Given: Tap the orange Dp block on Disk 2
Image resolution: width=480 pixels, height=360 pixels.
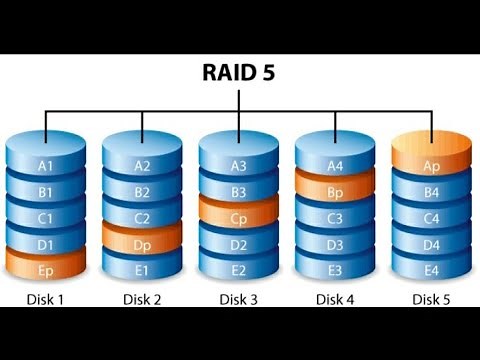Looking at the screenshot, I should coord(142,242).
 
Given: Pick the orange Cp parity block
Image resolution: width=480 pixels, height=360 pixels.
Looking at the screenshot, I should coord(238,216).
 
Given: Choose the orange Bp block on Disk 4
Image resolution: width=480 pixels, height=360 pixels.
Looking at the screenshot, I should coord(335,190).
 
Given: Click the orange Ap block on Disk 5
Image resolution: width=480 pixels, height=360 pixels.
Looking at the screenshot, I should coord(431,164).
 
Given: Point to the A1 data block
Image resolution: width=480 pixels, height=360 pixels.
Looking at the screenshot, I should coord(45,164).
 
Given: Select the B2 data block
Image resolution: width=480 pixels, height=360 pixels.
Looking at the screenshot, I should coord(142,190).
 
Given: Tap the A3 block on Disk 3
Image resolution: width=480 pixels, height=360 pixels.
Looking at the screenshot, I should coord(238,164).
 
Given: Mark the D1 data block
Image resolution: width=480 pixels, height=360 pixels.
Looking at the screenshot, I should coord(45,242).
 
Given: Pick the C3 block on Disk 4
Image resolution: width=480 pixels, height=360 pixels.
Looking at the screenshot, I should coord(335,216).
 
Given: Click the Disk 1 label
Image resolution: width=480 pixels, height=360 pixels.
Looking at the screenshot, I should coord(45,298).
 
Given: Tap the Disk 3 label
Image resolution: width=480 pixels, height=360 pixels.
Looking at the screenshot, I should coord(238,298).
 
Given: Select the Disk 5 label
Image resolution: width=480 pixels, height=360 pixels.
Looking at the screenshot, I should coord(431,298).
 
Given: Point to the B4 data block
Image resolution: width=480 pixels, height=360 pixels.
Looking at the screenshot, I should coord(431,190).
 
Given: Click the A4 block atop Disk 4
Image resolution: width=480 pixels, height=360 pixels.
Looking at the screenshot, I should coord(335,164).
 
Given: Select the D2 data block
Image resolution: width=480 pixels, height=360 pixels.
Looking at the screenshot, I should coord(238,242).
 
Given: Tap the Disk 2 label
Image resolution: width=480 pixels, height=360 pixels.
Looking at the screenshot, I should coord(142,298).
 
